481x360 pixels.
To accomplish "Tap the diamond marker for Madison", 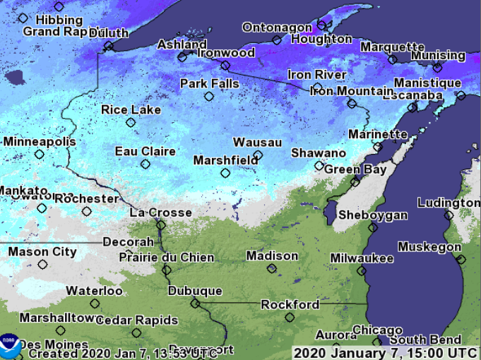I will [x=272, y=268].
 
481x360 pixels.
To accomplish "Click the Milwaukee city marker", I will [x=362, y=270].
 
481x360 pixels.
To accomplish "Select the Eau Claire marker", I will [x=146, y=164].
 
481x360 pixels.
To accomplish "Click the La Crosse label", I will [x=160, y=212].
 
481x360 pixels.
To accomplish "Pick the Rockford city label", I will [x=290, y=305].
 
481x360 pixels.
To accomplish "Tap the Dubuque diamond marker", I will [x=196, y=304].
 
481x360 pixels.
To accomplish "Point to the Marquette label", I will [x=392, y=47].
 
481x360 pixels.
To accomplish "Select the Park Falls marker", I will [x=209, y=96].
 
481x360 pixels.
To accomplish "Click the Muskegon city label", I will [x=429, y=246].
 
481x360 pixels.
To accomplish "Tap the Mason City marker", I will [x=43, y=265].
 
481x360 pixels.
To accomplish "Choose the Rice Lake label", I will [x=131, y=109].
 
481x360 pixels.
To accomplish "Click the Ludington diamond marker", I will [x=449, y=215].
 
